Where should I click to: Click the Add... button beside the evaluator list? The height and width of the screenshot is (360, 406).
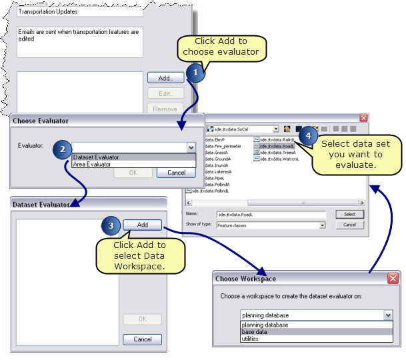coord(165,78)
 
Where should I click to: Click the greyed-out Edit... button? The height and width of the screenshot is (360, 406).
coord(165,93)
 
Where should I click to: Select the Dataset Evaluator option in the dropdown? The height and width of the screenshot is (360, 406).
coord(96,157)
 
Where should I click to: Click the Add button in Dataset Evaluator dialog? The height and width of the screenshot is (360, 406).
coord(142,225)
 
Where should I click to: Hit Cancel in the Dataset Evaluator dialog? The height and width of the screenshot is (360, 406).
coord(142,339)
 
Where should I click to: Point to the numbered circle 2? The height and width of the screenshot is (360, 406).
coord(63,149)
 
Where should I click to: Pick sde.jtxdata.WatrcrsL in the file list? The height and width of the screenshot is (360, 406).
coord(279,159)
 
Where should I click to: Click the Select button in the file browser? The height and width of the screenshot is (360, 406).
coord(349,215)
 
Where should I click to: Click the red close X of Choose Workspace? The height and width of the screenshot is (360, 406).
coord(393,278)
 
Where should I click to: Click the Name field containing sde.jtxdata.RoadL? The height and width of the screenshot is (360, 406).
coord(271,215)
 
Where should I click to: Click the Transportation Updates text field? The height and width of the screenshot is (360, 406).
coord(79,12)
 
